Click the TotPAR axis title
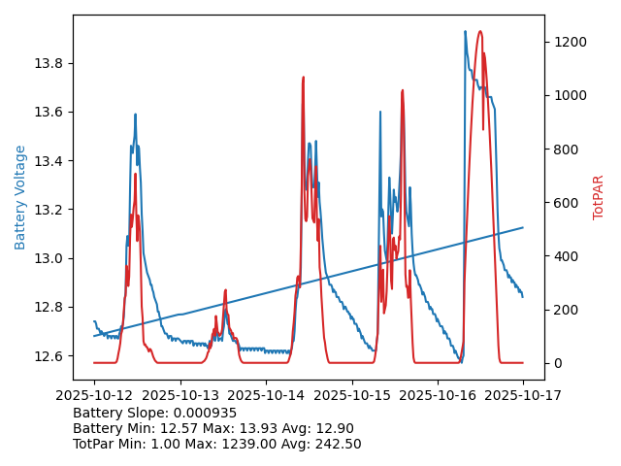[599, 197]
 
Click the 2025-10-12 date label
[94, 396]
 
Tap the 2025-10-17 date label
[523, 396]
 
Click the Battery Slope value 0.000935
[204, 413]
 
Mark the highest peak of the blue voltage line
[465, 31]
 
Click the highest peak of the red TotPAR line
[479, 31]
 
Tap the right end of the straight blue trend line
[523, 227]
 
